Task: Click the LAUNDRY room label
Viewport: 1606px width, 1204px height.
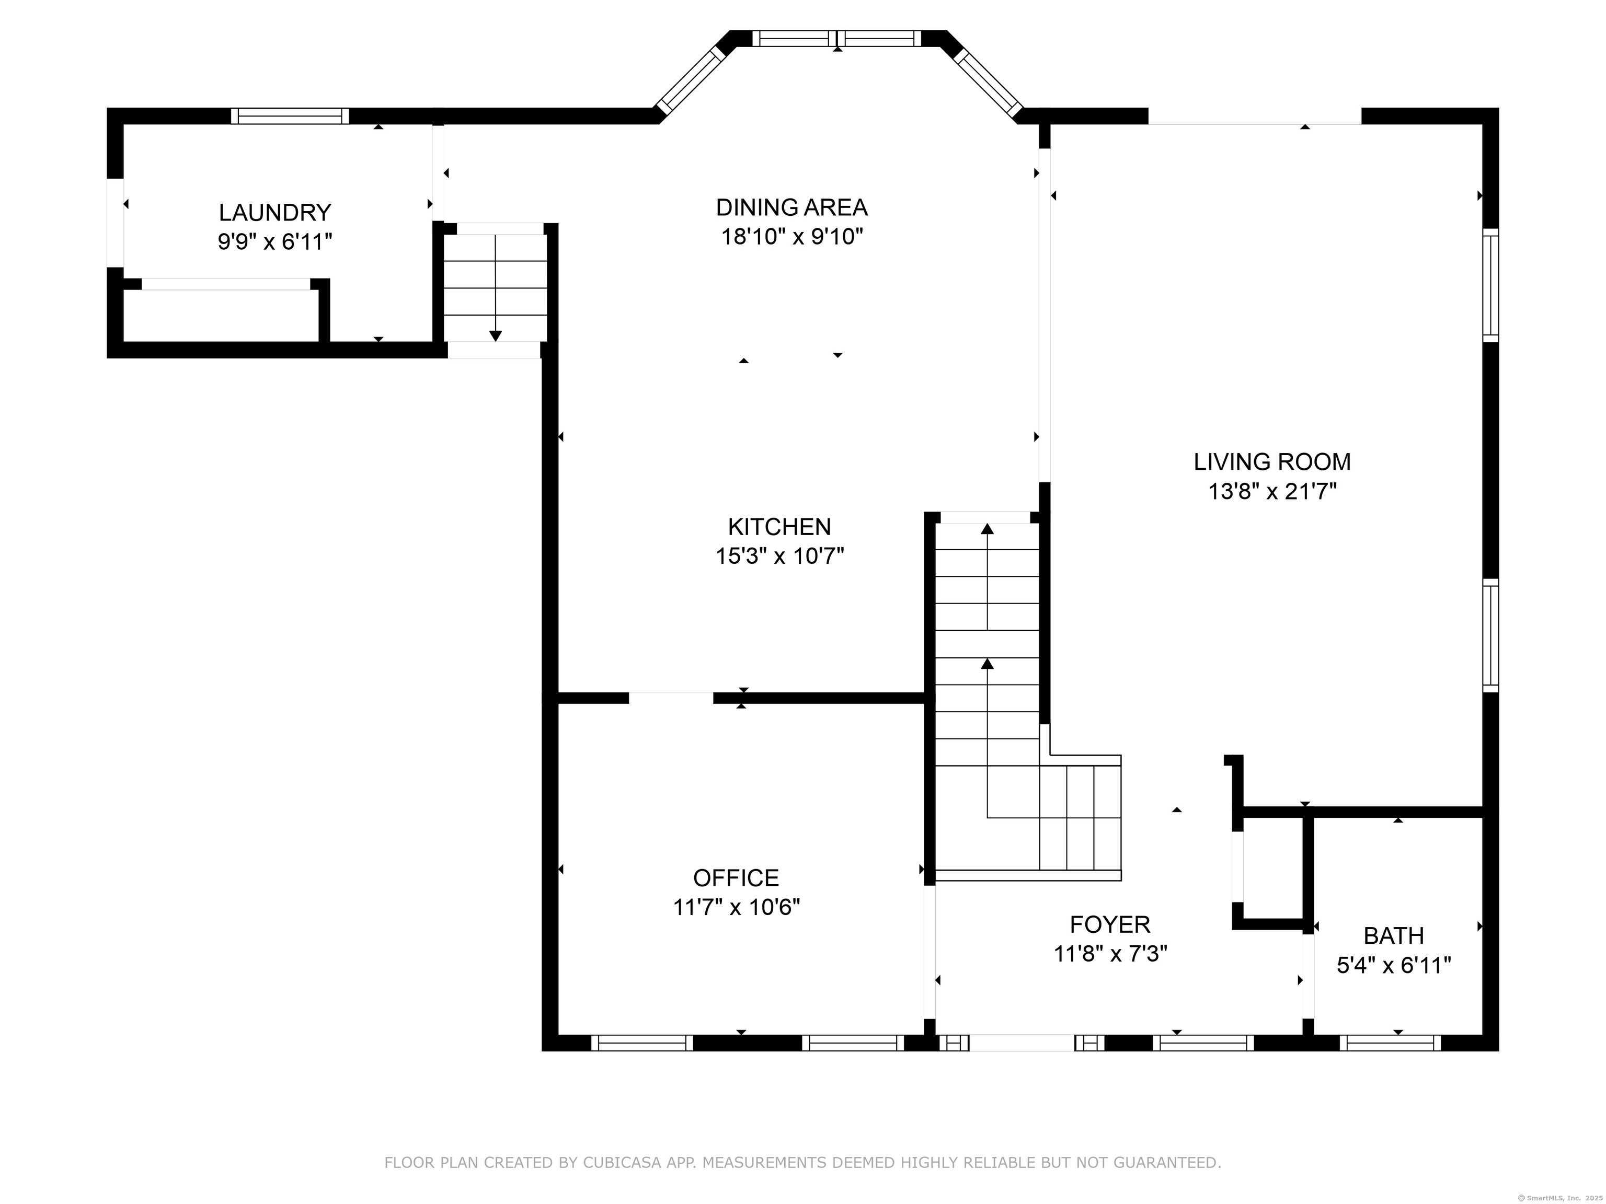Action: [275, 213]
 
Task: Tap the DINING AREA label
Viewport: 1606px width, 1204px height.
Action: [791, 207]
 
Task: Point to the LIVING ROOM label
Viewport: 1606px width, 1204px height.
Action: [1272, 461]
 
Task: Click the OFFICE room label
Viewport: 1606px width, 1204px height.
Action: [736, 878]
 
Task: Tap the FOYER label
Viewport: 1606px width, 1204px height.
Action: [1110, 924]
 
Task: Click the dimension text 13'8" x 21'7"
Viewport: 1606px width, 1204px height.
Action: [1272, 491]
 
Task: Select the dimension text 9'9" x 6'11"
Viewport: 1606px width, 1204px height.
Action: [275, 241]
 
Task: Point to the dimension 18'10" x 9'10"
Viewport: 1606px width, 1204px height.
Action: [791, 237]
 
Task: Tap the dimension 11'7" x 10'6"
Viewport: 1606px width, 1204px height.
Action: [736, 907]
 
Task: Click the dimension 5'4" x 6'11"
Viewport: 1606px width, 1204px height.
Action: [1393, 965]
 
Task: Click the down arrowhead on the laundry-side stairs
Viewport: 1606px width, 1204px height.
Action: [495, 336]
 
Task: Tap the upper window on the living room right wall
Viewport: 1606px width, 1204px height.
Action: [1490, 285]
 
